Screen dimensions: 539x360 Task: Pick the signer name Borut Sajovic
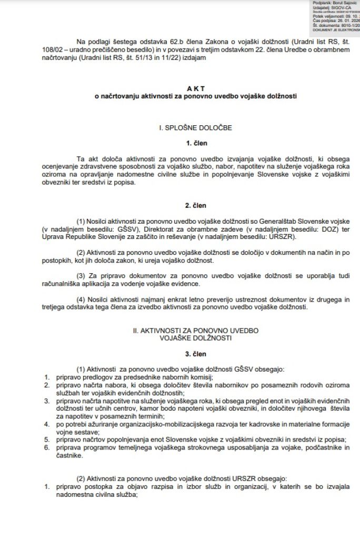(342, 3)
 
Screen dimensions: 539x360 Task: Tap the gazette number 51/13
(158, 59)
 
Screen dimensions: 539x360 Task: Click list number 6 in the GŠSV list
(46, 447)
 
